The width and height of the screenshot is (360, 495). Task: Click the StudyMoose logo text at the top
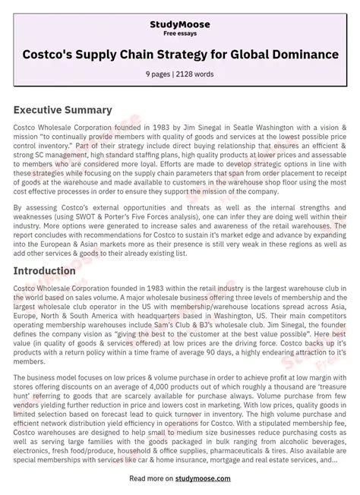coord(180,24)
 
